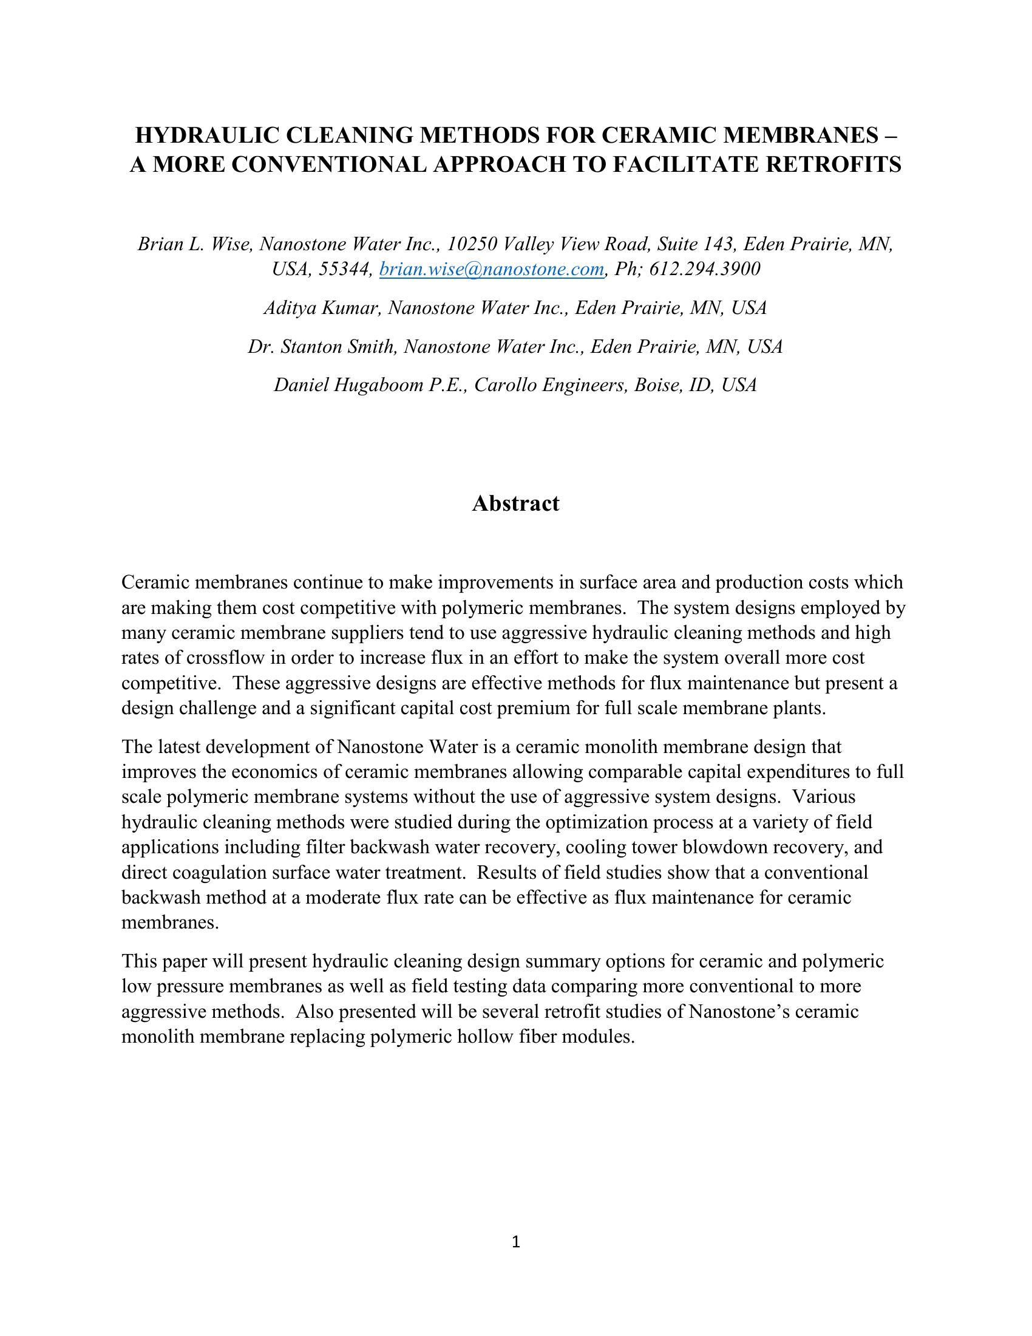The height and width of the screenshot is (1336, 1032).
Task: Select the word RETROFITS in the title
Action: pyautogui.click(x=841, y=165)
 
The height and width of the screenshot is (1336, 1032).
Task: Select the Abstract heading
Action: pyautogui.click(x=515, y=503)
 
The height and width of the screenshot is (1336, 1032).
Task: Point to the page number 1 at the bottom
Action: pyautogui.click(x=515, y=1241)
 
